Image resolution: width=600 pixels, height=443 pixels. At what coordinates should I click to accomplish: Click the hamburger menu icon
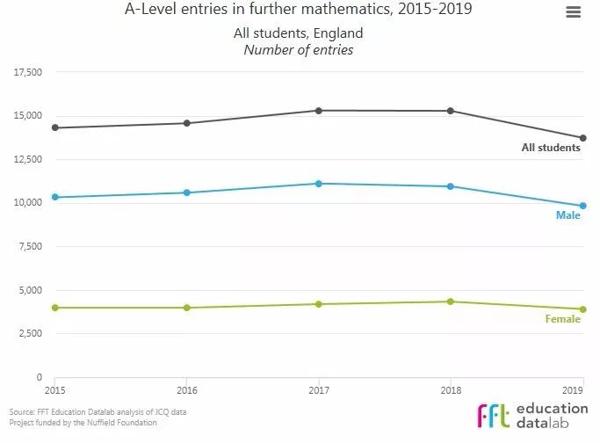coord(573,12)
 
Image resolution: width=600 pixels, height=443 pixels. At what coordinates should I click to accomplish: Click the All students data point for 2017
coord(319,111)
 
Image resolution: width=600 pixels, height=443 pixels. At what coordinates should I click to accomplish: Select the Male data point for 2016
coord(187,192)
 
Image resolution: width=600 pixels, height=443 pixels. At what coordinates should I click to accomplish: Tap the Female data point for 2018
coord(451,301)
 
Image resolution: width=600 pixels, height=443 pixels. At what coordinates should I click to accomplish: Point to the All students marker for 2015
coord(54,127)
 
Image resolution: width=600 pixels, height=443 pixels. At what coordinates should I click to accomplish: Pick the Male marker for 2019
coord(582,206)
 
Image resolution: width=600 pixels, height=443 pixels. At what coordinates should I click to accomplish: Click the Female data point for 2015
coord(54,308)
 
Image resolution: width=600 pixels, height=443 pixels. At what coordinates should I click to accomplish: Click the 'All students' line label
coord(551,148)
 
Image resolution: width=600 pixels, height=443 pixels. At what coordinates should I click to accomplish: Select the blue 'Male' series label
coord(567,215)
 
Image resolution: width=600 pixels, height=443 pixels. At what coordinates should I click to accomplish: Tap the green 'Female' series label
coord(562,319)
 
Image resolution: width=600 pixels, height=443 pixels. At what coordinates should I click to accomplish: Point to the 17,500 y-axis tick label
coord(28,72)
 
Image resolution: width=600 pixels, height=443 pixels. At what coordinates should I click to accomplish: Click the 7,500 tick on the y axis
coord(31,246)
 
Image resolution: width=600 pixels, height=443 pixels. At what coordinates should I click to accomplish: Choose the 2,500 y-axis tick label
coord(31,333)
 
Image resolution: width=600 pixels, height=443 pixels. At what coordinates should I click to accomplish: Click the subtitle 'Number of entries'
coord(299,50)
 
